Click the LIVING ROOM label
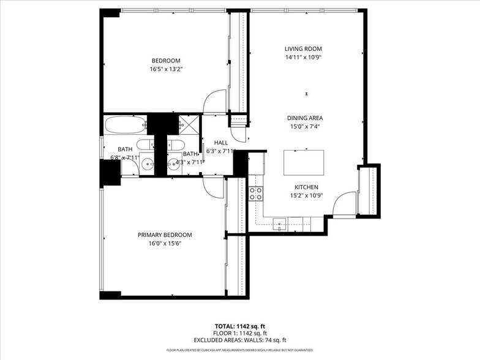[303, 49]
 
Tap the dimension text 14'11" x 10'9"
[303, 58]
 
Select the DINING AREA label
[305, 118]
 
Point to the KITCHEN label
[307, 187]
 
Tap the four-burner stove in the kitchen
[256, 194]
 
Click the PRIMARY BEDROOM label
[165, 235]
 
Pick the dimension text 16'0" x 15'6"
[165, 244]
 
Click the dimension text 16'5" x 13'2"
[166, 69]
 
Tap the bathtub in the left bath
[125, 125]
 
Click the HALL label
[221, 143]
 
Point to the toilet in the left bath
[146, 144]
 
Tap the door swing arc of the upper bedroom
[216, 102]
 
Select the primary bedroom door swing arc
[214, 187]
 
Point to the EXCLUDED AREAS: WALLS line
[239, 340]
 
